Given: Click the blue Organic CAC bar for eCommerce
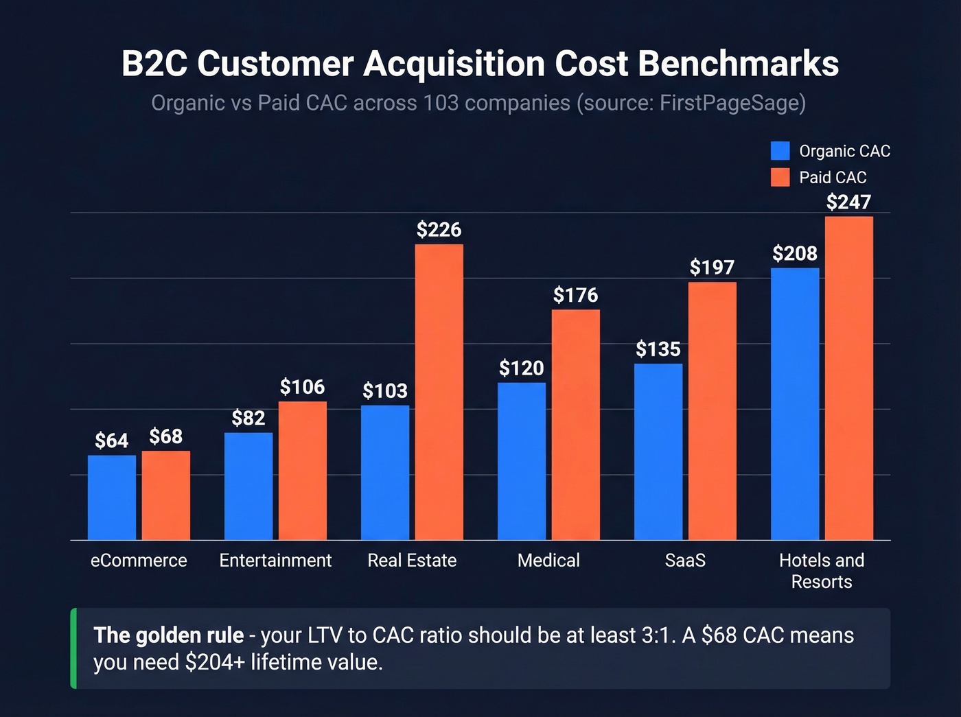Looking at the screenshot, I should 112,497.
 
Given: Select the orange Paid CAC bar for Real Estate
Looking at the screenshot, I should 439,392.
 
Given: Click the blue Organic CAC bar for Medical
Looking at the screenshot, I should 522,461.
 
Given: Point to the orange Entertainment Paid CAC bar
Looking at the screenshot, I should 303,470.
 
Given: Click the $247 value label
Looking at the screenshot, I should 848,202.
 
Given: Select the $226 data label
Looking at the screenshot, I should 439,229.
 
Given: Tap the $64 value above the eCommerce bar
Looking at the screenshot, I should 112,440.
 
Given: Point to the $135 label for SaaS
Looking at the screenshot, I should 658,349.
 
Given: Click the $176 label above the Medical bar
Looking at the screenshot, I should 576,295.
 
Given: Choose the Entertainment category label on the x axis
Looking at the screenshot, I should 275,561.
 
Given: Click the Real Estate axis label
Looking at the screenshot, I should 412,561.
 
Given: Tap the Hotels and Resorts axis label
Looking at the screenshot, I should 822,571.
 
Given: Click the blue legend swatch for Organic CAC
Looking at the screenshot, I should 780,151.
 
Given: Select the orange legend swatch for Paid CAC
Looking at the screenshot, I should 780,177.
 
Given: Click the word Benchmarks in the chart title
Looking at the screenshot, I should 739,64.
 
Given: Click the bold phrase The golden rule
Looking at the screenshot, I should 169,635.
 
